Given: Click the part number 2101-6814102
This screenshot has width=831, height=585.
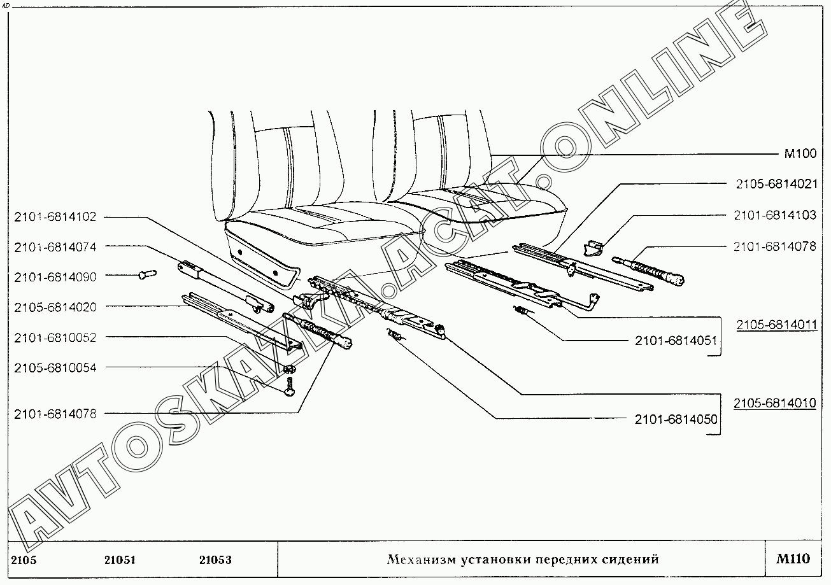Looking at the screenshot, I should (x=55, y=216).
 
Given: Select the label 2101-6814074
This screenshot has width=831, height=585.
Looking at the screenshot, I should (x=55, y=246).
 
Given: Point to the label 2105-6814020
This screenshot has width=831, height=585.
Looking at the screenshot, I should (x=55, y=307).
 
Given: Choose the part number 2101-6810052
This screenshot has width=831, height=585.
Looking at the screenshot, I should (x=55, y=337).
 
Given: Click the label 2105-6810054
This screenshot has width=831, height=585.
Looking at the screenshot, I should (x=55, y=367).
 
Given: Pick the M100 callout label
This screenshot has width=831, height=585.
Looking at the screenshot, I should (x=799, y=155).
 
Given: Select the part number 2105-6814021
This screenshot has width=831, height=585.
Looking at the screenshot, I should (x=775, y=185).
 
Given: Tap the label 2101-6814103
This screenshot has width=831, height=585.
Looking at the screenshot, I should (x=775, y=216).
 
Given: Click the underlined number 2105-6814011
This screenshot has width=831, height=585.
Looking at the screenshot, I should (x=776, y=325).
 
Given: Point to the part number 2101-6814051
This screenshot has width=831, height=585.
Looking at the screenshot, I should (x=676, y=341).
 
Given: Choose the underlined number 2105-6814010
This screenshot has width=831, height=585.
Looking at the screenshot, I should (x=774, y=404).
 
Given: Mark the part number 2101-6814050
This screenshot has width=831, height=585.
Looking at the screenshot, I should (x=676, y=419).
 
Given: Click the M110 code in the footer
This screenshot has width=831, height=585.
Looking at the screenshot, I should (x=793, y=560).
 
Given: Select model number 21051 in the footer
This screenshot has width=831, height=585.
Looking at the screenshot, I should (x=120, y=560).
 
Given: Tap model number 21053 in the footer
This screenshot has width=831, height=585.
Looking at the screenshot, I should (x=215, y=560).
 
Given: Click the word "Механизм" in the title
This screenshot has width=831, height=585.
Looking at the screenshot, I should (x=421, y=560).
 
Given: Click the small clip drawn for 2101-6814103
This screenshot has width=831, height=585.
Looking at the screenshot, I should (x=593, y=247).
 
